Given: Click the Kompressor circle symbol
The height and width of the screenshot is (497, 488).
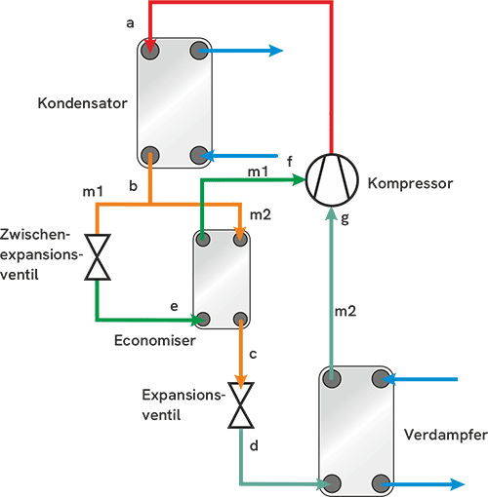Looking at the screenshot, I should pos(333,181).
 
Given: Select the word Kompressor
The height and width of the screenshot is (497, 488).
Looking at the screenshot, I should pos(410,182).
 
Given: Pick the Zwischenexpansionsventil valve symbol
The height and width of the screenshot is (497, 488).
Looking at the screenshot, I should pos(97,257).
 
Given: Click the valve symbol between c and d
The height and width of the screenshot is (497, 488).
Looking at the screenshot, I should pos(240,406).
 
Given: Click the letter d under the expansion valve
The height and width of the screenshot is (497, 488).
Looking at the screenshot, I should pos(253,445).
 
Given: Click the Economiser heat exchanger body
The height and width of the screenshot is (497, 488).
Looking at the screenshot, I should pos(222,280).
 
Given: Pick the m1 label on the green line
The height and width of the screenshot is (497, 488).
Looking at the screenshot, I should pos(259,172).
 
